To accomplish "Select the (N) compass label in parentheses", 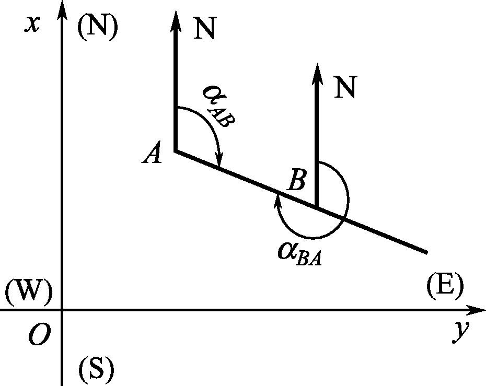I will click(x=97, y=27).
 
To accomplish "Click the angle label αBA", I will click(x=299, y=253).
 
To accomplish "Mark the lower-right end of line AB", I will click(x=426, y=252).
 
